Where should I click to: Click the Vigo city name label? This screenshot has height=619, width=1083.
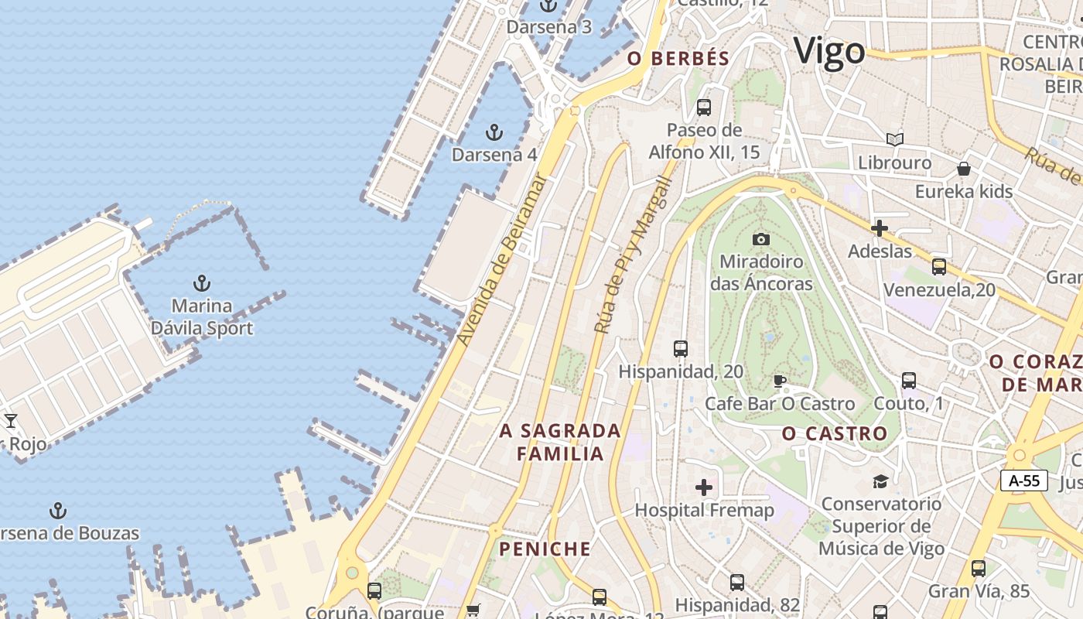point(829,52)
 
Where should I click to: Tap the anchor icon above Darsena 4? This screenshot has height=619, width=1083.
point(494,132)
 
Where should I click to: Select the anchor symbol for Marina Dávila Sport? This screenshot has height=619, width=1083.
point(202,283)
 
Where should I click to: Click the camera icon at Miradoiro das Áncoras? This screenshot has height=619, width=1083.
point(761,239)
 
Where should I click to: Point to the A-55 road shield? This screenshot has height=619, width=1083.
point(1023,480)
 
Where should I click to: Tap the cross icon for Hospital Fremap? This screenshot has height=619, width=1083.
point(704,487)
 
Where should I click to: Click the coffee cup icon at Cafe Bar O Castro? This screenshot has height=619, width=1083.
point(780,381)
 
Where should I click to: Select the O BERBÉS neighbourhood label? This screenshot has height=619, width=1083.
point(678,59)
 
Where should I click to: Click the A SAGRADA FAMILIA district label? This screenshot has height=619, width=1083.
point(560,442)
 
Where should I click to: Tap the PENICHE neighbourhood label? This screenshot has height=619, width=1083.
point(545,549)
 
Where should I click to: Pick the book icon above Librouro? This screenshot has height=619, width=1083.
point(895,140)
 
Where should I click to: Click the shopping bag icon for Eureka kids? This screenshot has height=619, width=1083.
point(964,169)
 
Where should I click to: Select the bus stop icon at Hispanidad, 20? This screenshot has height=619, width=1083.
point(681,349)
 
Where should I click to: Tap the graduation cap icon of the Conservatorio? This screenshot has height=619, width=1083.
point(880,481)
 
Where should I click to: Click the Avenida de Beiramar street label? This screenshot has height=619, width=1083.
point(502,260)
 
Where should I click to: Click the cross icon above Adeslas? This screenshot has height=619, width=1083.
point(880,228)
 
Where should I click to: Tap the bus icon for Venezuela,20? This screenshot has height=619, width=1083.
point(939,267)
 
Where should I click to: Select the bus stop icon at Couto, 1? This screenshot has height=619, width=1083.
point(909,381)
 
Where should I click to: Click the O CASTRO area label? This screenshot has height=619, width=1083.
point(835,434)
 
